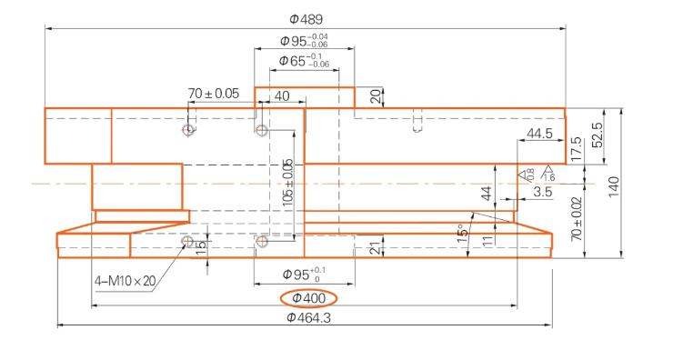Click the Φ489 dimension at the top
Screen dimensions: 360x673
(306, 18)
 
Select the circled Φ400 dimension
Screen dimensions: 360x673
(308, 298)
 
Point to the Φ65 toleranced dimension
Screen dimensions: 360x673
(303, 61)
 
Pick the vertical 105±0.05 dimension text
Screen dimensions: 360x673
(288, 182)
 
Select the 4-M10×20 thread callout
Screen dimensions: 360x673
(124, 280)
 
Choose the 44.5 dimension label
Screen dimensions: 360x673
(539, 134)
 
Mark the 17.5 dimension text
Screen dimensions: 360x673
(576, 148)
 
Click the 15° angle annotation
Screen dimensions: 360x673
(463, 234)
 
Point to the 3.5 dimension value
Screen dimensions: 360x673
(542, 192)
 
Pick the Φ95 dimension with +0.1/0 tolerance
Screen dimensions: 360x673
(303, 274)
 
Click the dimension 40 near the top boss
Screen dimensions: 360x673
(282, 95)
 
